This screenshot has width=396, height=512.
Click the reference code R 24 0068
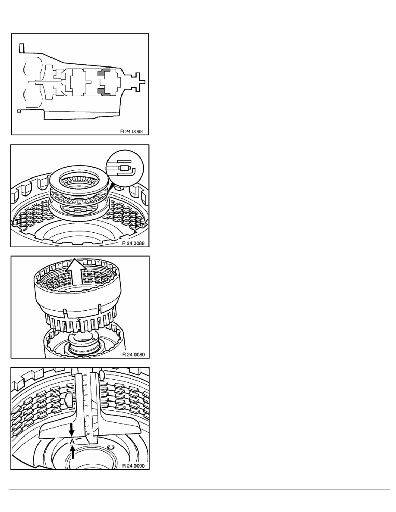(x=132, y=131)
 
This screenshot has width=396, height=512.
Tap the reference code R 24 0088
(x=133, y=243)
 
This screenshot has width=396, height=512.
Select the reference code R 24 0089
(x=133, y=354)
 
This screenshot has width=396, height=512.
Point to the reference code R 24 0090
(x=133, y=465)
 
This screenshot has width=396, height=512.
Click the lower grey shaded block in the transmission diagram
(x=104, y=92)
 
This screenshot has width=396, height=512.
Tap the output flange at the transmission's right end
(x=141, y=82)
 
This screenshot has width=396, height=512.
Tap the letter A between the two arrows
(x=72, y=441)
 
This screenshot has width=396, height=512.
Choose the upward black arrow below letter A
(x=73, y=452)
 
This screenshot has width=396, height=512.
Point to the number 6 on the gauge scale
(x=85, y=375)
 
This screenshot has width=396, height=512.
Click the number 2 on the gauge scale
(x=87, y=415)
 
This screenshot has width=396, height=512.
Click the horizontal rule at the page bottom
(x=199, y=490)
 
